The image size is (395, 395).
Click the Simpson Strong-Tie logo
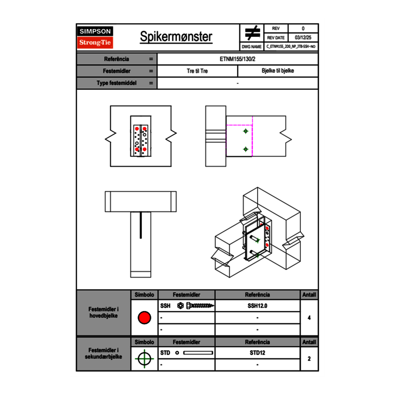coord(95,37)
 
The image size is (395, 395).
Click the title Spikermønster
coord(176,37)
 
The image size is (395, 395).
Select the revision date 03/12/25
coord(303,38)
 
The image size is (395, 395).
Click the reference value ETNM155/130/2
coord(237,59)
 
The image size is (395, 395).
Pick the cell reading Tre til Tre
coord(197,71)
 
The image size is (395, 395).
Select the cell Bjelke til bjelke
coord(277,71)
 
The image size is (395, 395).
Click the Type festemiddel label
coord(117,83)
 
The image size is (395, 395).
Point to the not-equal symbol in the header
coord(252,33)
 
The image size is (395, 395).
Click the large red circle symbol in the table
coord(144,318)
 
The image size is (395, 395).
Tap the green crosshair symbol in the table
coord(144,359)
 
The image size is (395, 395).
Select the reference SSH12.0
coord(257,306)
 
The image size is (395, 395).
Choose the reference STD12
coord(257,353)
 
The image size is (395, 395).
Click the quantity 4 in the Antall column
coord(309,318)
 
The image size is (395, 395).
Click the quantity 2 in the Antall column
coord(309,359)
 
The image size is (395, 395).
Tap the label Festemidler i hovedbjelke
coord(104,313)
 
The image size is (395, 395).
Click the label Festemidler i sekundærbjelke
coord(104,354)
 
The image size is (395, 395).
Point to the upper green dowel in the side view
coord(246,131)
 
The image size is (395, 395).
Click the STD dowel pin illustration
coord(198,353)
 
